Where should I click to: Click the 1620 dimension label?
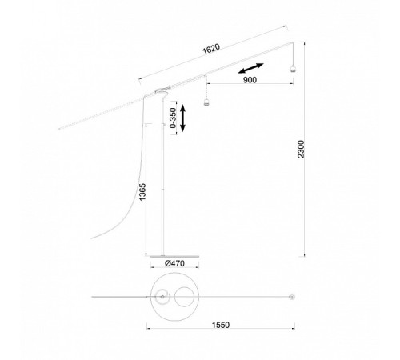211,49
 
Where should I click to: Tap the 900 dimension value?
250,80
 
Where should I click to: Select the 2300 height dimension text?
301,149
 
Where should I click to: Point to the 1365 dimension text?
142,192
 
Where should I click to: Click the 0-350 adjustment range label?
173,118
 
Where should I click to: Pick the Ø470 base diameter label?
174,263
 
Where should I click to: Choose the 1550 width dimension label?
221,325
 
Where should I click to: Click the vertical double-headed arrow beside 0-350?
182,118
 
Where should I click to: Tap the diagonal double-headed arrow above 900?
251,68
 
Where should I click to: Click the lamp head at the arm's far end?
293,69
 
